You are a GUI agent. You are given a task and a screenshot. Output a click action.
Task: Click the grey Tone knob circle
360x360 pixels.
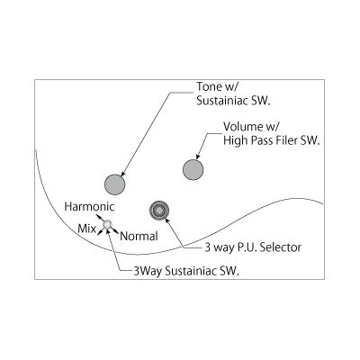click(114, 184)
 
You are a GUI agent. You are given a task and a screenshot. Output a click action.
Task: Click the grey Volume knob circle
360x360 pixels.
click(193, 169)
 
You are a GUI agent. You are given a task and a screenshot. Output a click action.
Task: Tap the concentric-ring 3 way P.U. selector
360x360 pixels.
click(159, 210)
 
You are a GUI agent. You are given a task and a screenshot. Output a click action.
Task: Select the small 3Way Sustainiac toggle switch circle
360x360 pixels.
click(107, 224)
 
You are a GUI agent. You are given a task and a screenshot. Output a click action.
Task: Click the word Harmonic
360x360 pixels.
click(90, 206)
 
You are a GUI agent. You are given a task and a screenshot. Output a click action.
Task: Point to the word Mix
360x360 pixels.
click(86, 229)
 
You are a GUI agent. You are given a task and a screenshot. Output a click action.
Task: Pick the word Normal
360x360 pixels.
click(139, 237)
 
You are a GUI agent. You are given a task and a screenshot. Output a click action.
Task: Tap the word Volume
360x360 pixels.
click(243, 127)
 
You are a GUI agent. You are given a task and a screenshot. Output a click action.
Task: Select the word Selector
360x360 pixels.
click(281, 247)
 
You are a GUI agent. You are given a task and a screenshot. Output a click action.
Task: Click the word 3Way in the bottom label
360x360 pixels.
click(148, 271)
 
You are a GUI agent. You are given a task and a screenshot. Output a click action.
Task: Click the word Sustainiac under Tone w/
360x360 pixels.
click(223, 101)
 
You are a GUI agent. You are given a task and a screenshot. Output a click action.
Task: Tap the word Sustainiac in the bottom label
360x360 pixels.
click(192, 271)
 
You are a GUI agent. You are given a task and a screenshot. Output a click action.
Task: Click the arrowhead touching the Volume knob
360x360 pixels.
click(198, 157)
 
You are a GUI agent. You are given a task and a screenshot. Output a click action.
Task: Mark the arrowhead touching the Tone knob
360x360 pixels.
click(122, 174)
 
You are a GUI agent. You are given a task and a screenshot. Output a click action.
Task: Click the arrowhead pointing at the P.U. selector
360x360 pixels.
click(167, 220)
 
